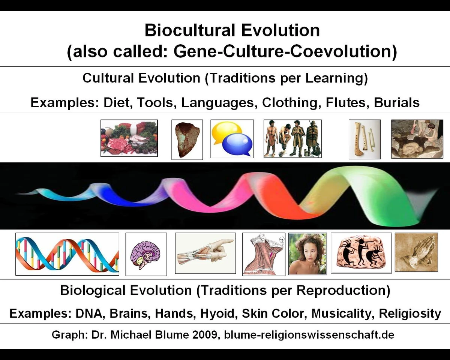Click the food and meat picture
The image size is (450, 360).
point(129,138)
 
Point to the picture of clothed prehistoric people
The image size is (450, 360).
point(292,138)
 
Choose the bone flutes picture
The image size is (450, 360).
point(364,139)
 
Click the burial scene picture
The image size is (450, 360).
point(417,139)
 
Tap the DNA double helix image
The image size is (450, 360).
point(67,254)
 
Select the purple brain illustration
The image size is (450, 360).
point(146,254)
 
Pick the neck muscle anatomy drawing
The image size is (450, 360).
point(264,254)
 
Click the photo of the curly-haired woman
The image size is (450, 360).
point(307,254)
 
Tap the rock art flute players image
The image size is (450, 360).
point(361,253)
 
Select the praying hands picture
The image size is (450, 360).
point(416,252)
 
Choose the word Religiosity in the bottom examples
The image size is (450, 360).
point(410,313)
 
